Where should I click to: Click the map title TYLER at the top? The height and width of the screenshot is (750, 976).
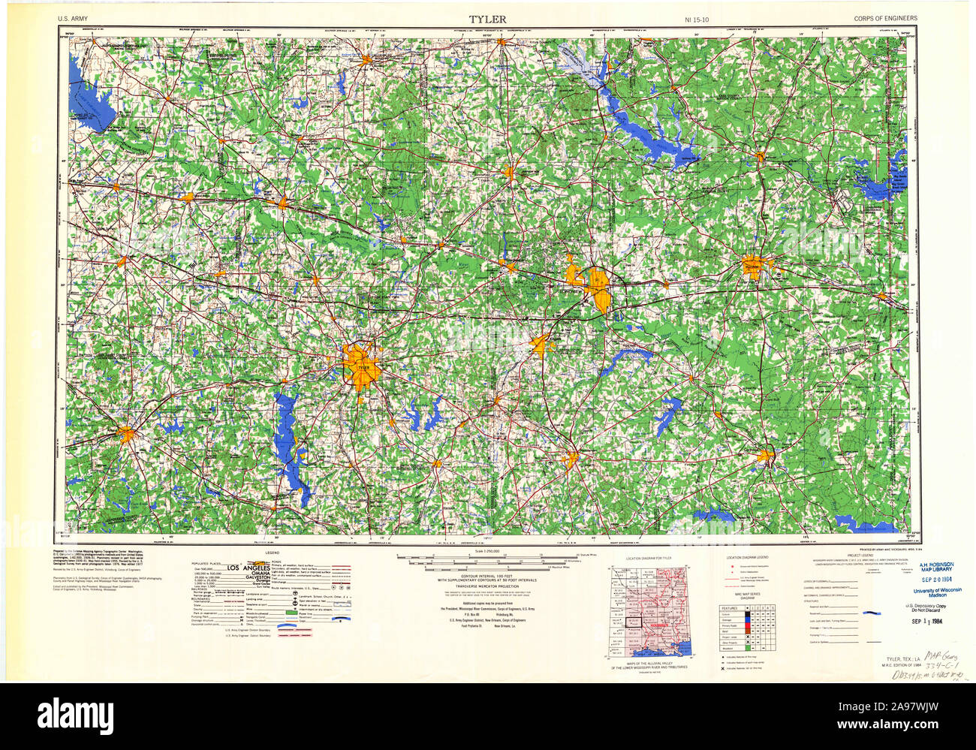(x=487, y=19)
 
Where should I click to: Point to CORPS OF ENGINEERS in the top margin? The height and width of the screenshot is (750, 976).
(x=884, y=19)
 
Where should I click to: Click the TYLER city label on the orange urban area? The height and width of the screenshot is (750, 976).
(x=363, y=368)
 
